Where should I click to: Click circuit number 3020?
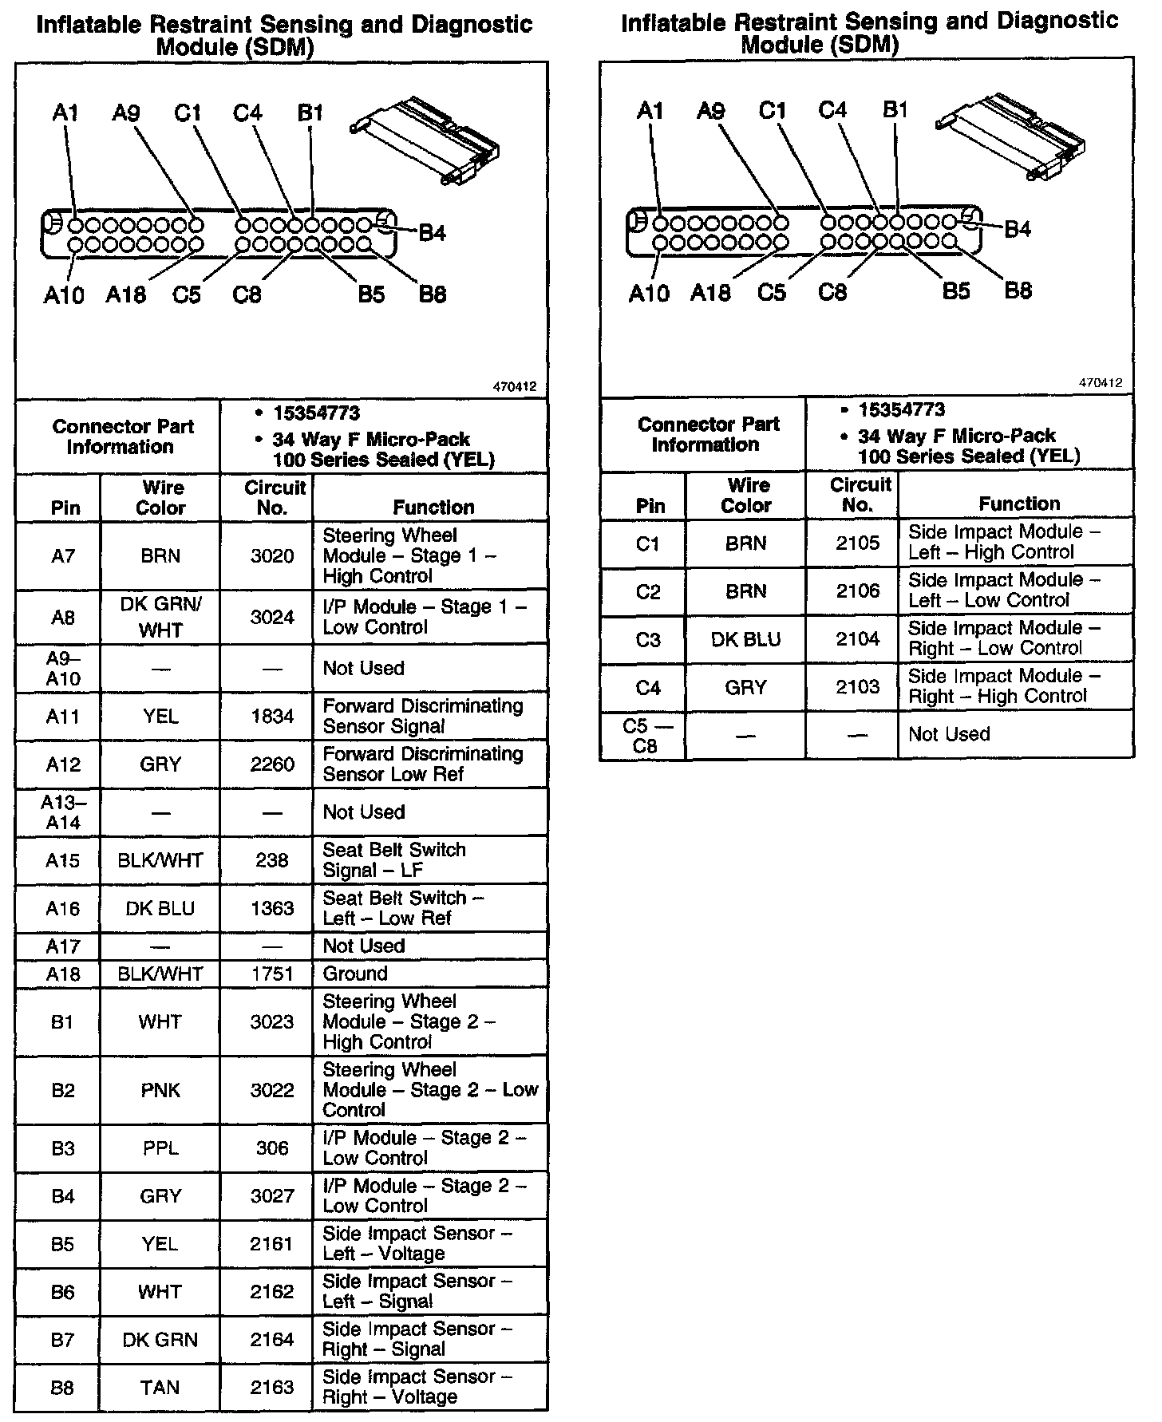click(272, 556)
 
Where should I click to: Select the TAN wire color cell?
click(160, 1388)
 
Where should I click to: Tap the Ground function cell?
click(355, 974)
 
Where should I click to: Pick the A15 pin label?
click(63, 860)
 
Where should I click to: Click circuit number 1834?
click(272, 717)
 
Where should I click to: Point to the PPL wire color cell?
click(160, 1148)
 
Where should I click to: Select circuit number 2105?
click(857, 543)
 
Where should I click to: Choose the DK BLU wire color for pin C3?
click(745, 639)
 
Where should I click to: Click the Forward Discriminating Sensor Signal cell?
click(423, 717)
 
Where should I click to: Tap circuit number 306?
click(272, 1148)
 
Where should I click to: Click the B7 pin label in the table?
click(63, 1340)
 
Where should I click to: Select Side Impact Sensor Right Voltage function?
click(417, 1388)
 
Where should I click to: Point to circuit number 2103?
click(857, 687)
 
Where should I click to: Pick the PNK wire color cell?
click(160, 1090)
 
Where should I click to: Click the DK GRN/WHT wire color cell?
click(160, 617)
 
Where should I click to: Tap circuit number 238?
click(272, 860)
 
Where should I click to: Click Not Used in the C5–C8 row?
click(949, 734)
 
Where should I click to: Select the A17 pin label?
click(63, 946)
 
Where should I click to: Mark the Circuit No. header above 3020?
click(274, 497)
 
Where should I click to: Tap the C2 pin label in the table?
click(648, 591)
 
